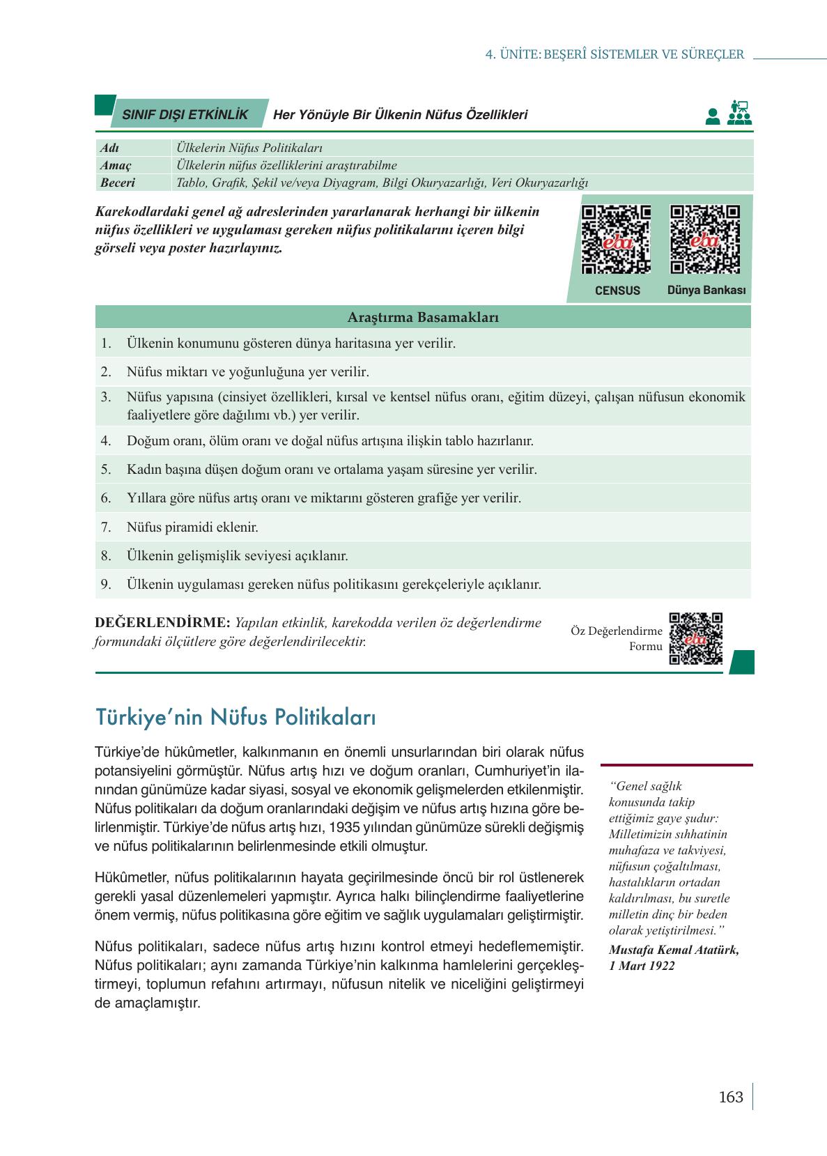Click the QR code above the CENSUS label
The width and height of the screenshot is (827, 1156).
617,240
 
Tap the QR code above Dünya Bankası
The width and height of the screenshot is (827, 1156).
705,240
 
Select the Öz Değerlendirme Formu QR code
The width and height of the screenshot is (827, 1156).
695,638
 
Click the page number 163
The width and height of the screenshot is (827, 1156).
731,1097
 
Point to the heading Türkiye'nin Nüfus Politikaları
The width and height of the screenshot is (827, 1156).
235,716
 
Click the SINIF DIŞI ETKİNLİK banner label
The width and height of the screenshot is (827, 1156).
185,115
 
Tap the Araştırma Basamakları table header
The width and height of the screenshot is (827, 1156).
423,318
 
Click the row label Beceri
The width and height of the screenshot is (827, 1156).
118,183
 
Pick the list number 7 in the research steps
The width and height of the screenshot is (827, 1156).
106,527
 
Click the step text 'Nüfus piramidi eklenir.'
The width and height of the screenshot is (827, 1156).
192,527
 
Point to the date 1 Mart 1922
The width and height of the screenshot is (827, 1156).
642,966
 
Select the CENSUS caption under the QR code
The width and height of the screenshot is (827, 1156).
617,291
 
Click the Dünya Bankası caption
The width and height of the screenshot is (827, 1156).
706,290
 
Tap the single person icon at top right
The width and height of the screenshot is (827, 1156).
712,116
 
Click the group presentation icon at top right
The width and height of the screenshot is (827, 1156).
739,113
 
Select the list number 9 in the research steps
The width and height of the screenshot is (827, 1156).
106,585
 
